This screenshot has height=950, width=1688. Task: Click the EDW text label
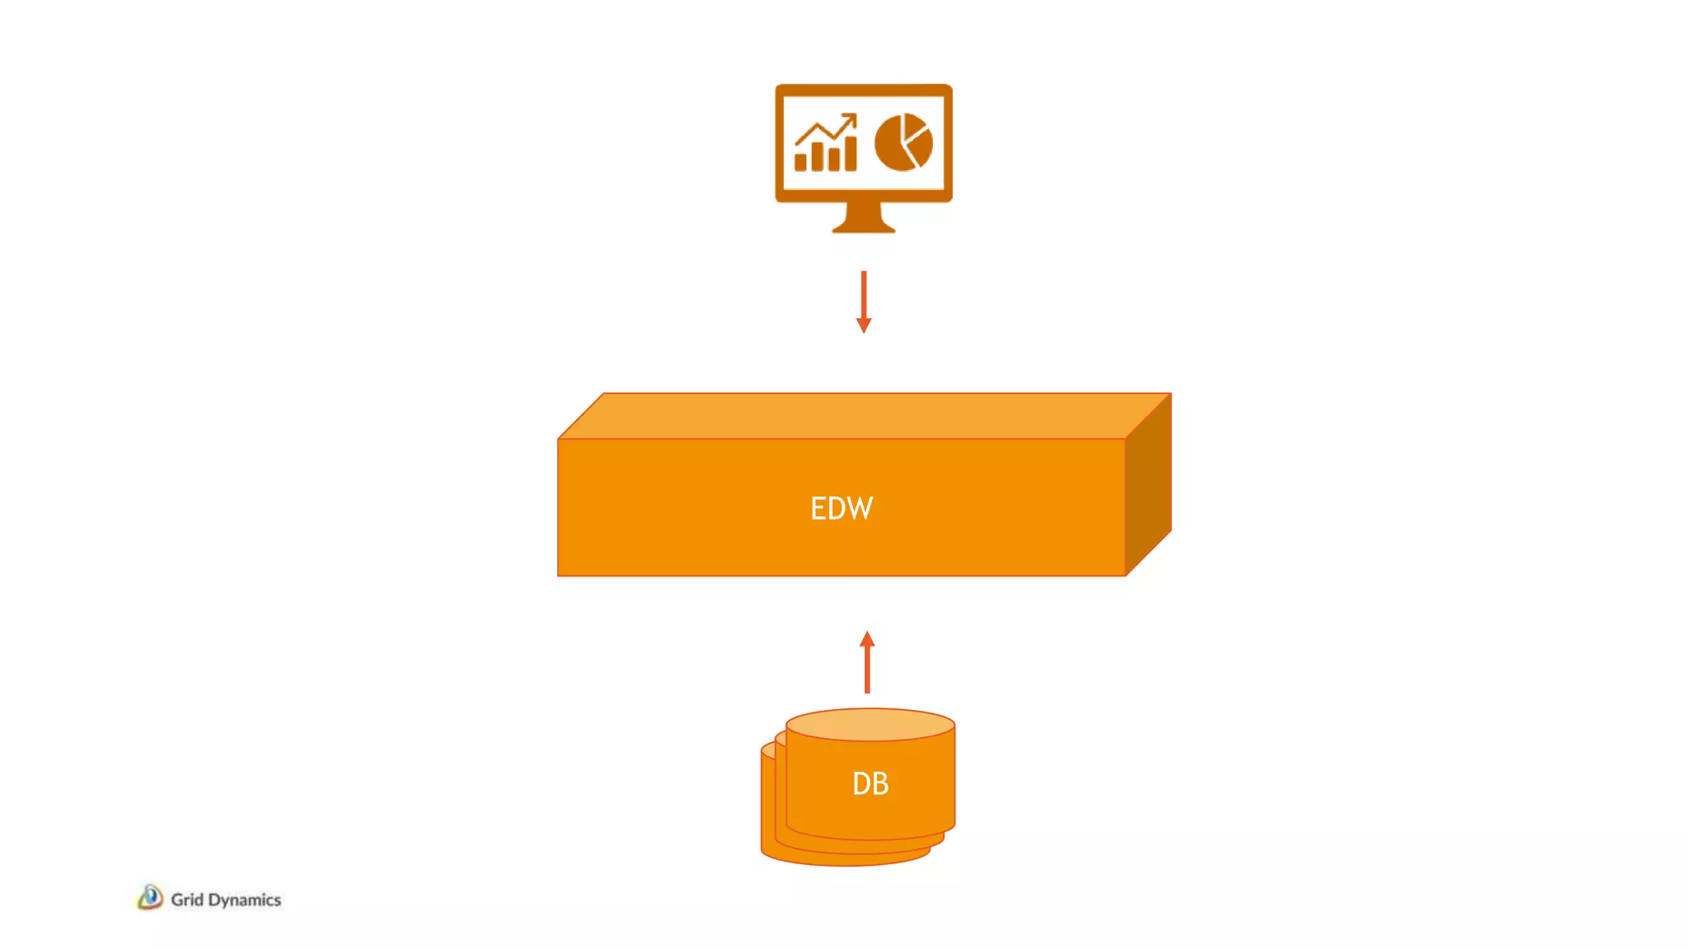[842, 508]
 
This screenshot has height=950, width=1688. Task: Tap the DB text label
[870, 783]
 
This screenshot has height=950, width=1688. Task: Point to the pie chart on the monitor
[903, 142]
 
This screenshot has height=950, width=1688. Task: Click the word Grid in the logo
[187, 900]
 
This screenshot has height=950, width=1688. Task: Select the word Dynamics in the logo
[245, 900]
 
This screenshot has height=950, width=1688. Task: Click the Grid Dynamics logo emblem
[150, 897]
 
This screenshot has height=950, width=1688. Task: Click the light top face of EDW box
[864, 416]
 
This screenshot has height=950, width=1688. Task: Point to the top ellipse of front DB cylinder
[870, 725]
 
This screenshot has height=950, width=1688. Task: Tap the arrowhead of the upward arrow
[867, 639]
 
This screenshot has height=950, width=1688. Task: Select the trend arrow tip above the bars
[851, 118]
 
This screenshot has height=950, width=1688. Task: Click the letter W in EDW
[860, 508]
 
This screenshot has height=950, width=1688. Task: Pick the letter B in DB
[881, 783]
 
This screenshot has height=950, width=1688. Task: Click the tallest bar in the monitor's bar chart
[850, 153]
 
